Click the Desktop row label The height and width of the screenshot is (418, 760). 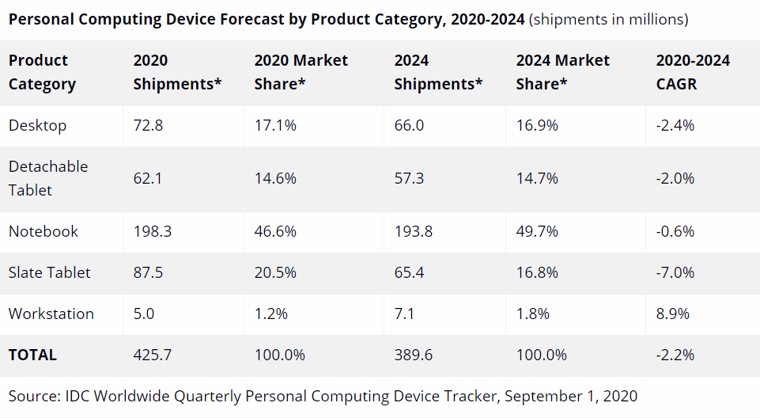point(37,125)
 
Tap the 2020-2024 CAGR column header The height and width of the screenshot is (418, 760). point(693,71)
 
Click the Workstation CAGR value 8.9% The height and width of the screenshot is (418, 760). point(673,313)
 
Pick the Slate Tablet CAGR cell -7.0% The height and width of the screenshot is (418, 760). point(675,272)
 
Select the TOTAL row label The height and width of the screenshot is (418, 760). point(32,355)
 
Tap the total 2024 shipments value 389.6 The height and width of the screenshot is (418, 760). point(414,355)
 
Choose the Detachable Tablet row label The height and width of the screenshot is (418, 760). point(48,178)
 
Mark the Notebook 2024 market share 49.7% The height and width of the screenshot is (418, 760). point(537,231)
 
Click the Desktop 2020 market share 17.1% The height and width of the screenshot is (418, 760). point(275,125)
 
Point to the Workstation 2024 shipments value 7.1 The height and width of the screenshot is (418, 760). point(404,313)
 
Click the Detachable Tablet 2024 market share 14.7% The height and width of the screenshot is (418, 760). point(537,178)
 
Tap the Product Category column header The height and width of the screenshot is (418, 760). point(42,71)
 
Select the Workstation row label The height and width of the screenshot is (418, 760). point(51,313)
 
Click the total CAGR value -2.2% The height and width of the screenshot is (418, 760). point(675,355)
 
